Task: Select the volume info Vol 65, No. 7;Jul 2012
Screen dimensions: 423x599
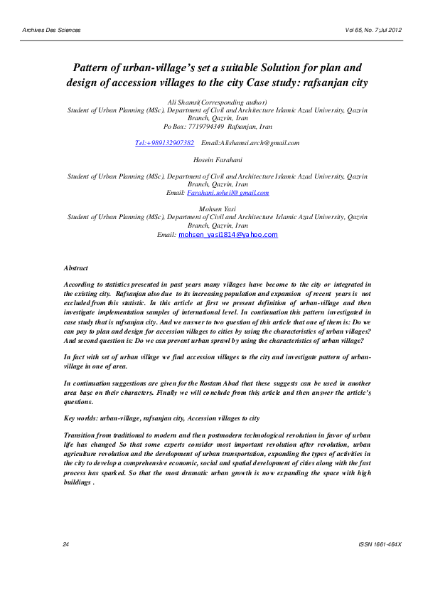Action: click(x=372, y=30)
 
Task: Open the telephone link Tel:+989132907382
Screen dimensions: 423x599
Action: click(x=164, y=143)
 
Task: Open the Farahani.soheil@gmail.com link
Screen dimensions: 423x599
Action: click(x=228, y=193)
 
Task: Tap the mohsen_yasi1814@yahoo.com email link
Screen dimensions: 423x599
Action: click(x=228, y=234)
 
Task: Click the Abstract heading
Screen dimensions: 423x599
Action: click(x=76, y=268)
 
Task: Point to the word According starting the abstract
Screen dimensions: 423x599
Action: click(x=80, y=284)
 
